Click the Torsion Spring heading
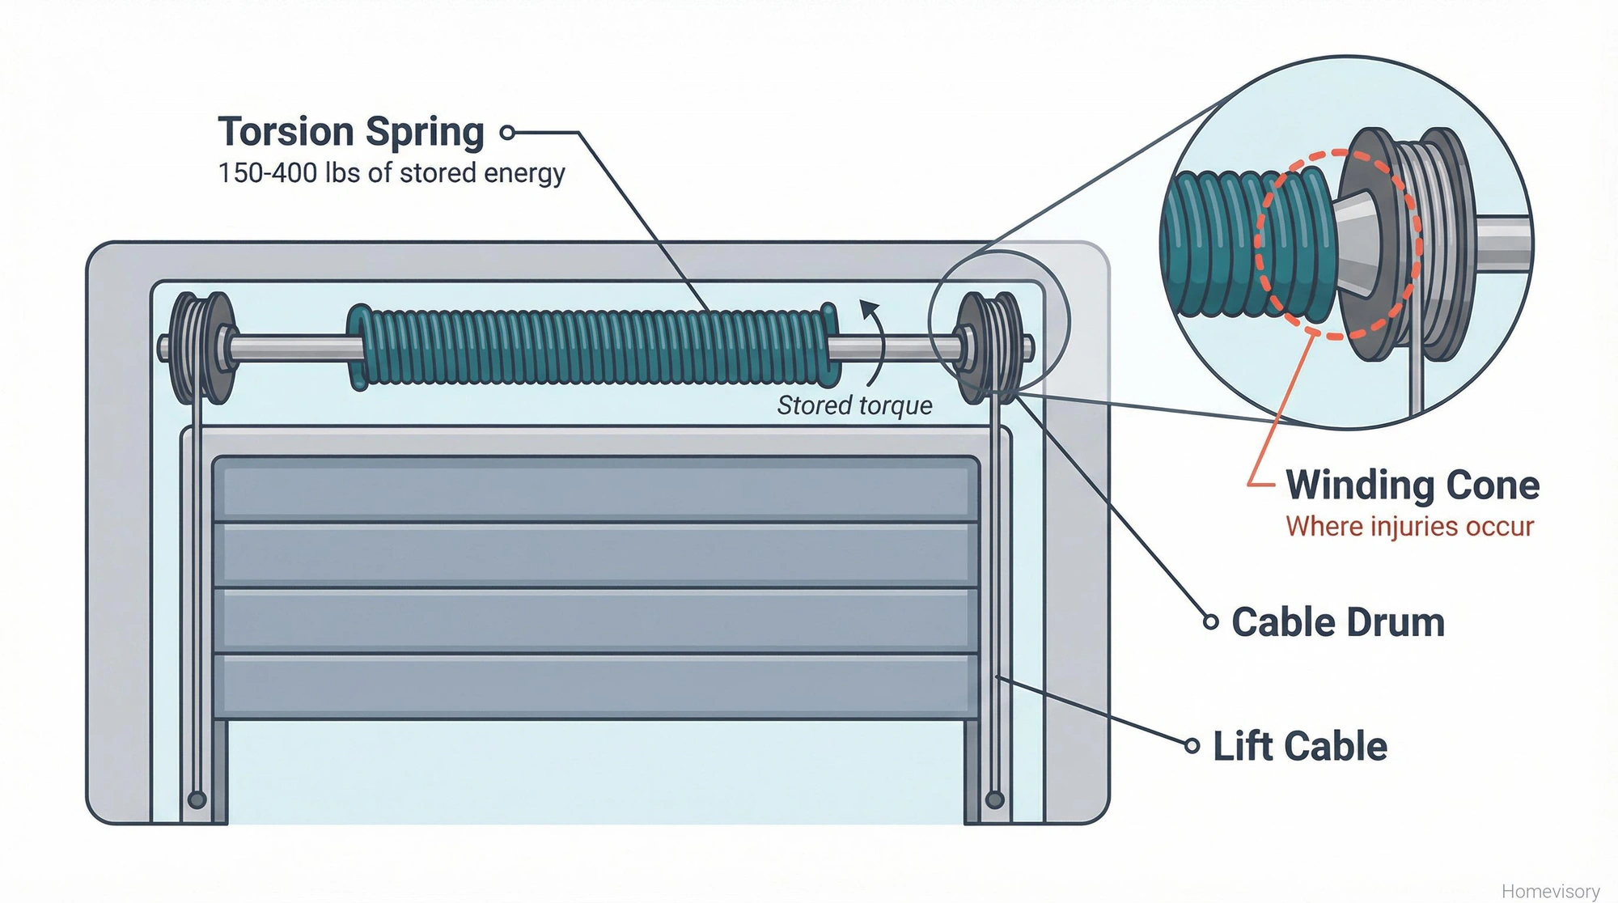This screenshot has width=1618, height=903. (x=350, y=132)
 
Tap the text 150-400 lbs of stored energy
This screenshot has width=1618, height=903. (x=391, y=173)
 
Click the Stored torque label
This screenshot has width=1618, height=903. (x=854, y=405)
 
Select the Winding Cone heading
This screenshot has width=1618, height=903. (x=1412, y=485)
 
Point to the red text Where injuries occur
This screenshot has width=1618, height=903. (x=1409, y=527)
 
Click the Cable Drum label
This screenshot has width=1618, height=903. (x=1337, y=622)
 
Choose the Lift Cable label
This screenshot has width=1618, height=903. (x=1299, y=746)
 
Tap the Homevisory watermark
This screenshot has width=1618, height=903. (x=1550, y=891)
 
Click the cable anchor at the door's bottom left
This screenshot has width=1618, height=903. (x=197, y=800)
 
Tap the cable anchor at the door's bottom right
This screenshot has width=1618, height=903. (x=995, y=800)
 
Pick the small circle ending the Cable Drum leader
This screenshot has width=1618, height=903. (x=1210, y=622)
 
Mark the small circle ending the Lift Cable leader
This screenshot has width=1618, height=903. (x=1192, y=746)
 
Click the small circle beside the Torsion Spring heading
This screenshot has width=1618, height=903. (x=507, y=133)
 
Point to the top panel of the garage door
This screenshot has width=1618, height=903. (x=596, y=489)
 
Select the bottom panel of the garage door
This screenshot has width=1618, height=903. (x=596, y=686)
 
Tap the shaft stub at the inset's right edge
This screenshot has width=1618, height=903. (x=1503, y=243)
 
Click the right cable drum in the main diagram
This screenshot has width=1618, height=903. (x=989, y=348)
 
